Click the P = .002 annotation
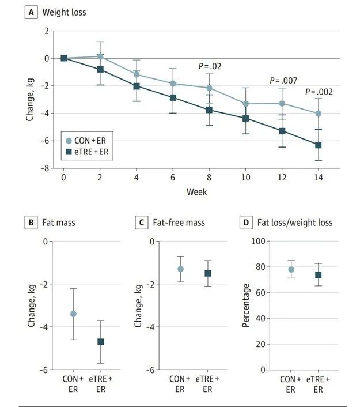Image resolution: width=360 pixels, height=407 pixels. point(319,92)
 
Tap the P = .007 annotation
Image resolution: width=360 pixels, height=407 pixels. point(283,81)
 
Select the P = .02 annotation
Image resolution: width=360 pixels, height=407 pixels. point(210,66)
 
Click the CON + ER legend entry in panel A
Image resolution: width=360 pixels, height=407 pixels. point(88,140)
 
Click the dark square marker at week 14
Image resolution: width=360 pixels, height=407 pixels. point(318,145)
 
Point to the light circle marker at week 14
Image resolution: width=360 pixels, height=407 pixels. point(318,114)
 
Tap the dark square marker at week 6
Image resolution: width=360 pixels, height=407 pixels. point(172,97)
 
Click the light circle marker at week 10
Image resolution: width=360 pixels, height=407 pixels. point(245,104)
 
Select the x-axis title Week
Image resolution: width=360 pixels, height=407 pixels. point(196,191)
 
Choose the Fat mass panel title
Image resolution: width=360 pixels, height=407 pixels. point(58,222)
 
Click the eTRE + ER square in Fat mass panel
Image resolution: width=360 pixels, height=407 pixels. point(101,342)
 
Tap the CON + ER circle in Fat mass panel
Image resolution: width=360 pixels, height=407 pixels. point(73,314)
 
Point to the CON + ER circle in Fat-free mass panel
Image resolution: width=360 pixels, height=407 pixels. point(180,269)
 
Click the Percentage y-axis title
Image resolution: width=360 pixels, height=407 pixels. point(246,305)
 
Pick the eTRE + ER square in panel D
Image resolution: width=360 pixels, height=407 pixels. point(317,275)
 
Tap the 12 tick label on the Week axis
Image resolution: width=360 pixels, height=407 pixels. point(282,178)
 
